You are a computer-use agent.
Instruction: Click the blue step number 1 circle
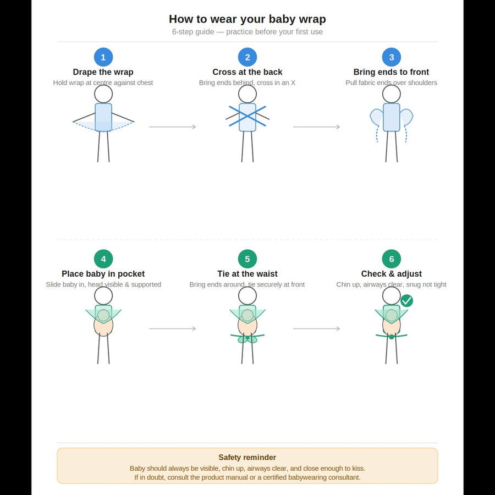pos(103,57)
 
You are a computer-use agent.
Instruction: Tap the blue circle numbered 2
pos(248,57)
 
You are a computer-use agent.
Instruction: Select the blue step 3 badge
pos(392,57)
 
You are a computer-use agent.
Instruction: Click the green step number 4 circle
pos(103,259)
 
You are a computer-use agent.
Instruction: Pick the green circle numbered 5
pos(248,259)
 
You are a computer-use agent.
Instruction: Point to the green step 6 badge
pos(392,259)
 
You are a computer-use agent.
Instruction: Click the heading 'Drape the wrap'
pos(103,72)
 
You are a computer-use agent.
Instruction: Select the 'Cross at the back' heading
pos(248,72)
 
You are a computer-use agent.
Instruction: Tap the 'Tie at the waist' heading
pos(248,274)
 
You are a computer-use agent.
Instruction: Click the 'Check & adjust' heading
pos(392,274)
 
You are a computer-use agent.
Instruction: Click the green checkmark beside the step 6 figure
pos(406,300)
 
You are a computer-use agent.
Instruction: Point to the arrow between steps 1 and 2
pos(172,127)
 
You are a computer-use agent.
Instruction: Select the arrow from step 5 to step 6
pos(316,329)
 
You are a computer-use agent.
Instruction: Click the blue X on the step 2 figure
pos(248,116)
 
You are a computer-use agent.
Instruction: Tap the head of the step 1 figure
pos(103,94)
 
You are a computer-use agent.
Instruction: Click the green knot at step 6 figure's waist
pos(392,337)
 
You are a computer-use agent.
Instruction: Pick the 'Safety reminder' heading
pos(248,458)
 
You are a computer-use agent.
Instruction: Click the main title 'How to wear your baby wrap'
pos(248,19)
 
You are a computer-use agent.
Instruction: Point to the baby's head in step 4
pos(103,315)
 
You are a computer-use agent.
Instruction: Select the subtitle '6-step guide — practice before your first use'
pos(248,32)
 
